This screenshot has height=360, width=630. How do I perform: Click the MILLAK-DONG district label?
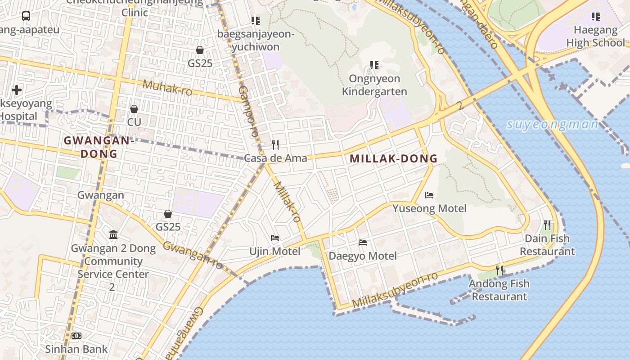(x=393, y=158)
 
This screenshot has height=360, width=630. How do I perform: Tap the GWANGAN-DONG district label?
(x=99, y=147)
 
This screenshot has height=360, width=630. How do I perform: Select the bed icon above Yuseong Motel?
(x=429, y=195)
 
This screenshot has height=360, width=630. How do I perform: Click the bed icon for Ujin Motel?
(x=275, y=238)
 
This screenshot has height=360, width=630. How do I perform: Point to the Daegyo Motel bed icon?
(x=363, y=243)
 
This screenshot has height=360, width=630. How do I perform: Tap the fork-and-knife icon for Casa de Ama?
(x=275, y=144)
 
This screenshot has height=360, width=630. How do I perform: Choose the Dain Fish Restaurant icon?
(x=547, y=224)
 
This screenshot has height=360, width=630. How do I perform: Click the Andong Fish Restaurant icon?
(x=499, y=270)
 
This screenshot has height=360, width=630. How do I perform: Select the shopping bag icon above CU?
(x=134, y=109)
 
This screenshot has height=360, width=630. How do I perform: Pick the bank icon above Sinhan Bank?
(x=76, y=336)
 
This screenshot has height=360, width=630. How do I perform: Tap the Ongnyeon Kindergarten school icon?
(x=374, y=65)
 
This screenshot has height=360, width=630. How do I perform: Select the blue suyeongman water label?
(x=552, y=125)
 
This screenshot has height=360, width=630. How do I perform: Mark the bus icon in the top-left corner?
(x=26, y=16)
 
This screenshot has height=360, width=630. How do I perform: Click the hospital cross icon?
(x=17, y=90)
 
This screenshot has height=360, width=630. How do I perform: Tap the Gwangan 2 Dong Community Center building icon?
(x=113, y=235)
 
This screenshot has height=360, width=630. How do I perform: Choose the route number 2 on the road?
(x=459, y=106)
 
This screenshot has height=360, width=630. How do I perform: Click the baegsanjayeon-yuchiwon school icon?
(x=255, y=21)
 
